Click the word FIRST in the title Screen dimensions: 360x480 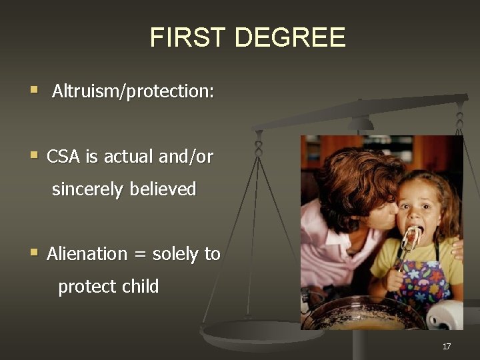188,37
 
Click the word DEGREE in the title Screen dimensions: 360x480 290,37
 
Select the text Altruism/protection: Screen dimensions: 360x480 133,91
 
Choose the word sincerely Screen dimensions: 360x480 89,189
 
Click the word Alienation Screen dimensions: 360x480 87,254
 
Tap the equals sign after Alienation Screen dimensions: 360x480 140,255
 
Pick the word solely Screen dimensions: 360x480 175,254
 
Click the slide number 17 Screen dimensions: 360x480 447,346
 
